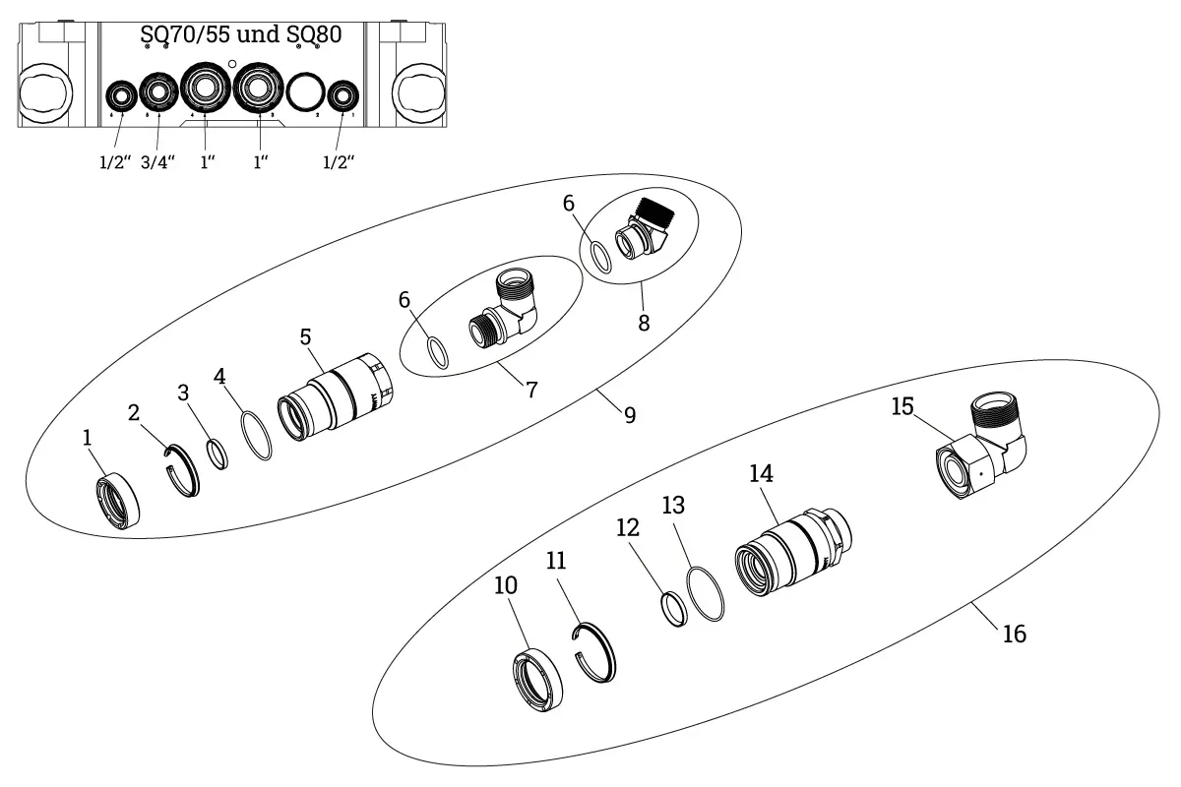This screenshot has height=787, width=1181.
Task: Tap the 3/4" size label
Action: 157,162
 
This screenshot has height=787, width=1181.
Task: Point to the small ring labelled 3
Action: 218,454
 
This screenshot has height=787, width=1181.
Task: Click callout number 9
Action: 629,415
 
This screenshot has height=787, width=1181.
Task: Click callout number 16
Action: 1014,635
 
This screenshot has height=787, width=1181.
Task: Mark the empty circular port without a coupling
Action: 305,94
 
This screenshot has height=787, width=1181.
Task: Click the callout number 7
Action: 531,390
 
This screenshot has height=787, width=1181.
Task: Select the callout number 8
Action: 644,323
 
